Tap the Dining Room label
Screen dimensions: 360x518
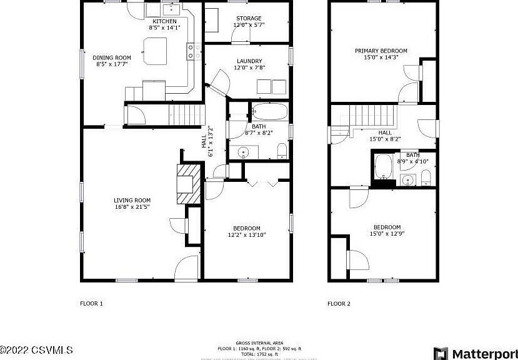(114, 57)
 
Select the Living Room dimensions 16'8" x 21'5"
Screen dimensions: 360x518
(132, 207)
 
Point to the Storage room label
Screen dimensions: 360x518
(249, 19)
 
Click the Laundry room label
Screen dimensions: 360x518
(249, 61)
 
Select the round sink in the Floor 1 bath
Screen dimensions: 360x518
(244, 151)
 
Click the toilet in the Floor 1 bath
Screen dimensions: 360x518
(282, 149)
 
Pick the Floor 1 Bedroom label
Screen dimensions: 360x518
(247, 227)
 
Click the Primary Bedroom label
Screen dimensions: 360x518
(381, 51)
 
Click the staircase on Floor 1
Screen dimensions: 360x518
(187, 114)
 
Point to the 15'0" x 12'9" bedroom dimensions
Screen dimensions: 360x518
(387, 234)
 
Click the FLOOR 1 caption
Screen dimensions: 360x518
(91, 304)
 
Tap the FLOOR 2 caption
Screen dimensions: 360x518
(339, 304)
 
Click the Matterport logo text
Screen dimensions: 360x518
(484, 353)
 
